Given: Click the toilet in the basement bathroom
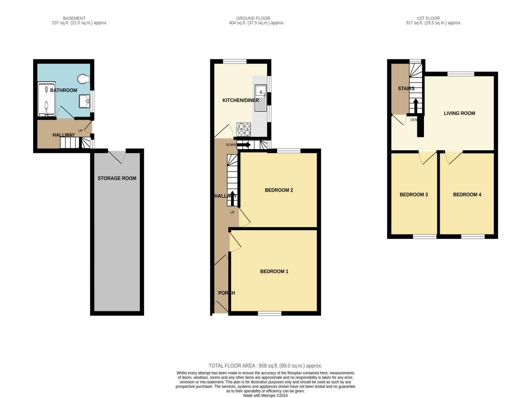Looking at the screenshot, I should tap(83, 78).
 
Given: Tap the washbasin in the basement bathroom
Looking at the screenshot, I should tap(84, 100).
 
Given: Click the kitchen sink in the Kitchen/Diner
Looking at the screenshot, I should tap(261, 97).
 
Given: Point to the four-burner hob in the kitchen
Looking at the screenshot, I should tap(244, 130).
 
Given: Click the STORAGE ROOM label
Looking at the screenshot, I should tap(117, 179).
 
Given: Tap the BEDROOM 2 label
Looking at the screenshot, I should tap(279, 190).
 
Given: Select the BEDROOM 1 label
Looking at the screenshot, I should tap(274, 272).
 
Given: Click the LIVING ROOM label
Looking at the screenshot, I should tap(459, 113).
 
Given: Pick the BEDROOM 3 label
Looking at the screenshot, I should tap(414, 195).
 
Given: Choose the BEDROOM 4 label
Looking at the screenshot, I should tap(467, 195).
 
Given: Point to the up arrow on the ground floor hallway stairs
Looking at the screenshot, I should tap(232, 200).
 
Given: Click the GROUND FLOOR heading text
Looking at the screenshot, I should tap(253, 18).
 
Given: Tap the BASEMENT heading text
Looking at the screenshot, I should tap(74, 18).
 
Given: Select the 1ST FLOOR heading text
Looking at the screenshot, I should tap(429, 18).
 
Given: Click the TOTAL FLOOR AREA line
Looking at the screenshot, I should tap(265, 366).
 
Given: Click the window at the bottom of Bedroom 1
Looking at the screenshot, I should tap(270, 313).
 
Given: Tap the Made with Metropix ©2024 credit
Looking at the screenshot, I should tap(265, 396).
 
